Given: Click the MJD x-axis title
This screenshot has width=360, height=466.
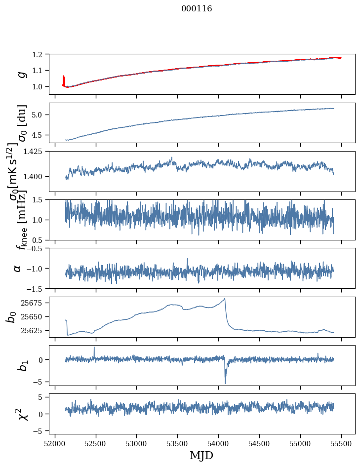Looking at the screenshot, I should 202,455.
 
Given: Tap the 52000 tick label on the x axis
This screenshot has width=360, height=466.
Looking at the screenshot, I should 55,443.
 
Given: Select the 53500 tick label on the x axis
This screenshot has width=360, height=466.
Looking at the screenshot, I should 178,443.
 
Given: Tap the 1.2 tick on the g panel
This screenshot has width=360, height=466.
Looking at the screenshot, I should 42,54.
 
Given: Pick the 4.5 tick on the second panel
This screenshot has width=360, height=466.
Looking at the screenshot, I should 42,135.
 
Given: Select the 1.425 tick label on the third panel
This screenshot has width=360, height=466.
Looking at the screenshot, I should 39,152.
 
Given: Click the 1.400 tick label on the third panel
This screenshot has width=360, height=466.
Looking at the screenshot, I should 39,177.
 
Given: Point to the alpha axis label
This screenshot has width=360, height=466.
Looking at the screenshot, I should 17,268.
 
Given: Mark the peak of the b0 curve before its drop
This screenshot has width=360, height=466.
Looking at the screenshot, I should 225,299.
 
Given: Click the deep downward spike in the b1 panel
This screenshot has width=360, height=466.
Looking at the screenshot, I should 225,383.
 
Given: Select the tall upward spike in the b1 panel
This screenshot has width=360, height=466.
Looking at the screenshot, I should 94,348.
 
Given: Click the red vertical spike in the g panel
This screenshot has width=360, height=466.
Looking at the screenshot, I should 63,80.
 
